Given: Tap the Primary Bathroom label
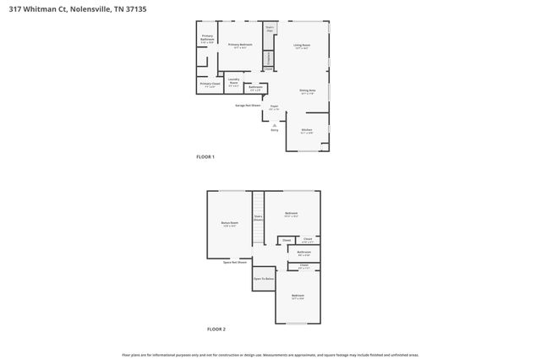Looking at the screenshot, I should [208, 38].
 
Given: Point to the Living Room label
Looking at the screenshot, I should [302, 46].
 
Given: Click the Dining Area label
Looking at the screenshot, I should [307, 91].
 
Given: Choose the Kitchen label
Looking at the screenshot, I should [307, 130].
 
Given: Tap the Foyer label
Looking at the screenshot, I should [274, 107].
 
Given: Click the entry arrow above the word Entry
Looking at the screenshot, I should [274, 124].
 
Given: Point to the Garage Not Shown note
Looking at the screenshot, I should [248, 105].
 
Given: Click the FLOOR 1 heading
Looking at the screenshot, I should [205, 157].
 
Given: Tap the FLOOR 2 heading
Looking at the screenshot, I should [216, 329].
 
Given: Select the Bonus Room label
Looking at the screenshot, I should [229, 225].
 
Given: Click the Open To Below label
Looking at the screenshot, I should [264, 279].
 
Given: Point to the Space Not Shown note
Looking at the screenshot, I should [236, 263].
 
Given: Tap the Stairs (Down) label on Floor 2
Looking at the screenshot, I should [259, 218].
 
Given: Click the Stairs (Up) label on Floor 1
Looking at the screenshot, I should [270, 30].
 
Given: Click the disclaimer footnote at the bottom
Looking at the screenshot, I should [270, 355].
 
